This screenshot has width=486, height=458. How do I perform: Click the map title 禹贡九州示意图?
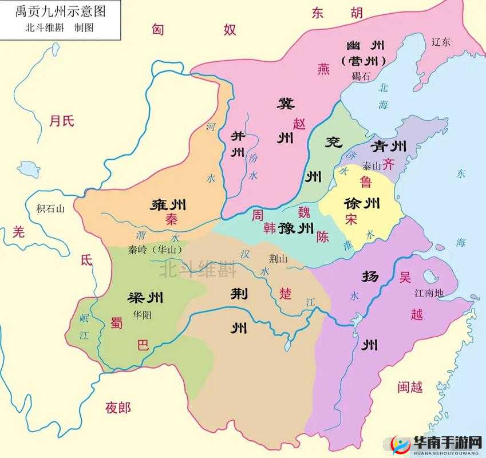click(60, 10)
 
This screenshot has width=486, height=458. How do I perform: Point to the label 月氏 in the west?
click(61, 121)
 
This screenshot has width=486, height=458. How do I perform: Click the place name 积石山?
click(50, 209)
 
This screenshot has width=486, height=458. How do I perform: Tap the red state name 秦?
click(171, 219)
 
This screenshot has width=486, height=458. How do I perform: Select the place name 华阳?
click(143, 314)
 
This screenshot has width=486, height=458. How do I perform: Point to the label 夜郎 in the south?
click(118, 408)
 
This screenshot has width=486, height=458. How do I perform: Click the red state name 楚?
click(285, 293)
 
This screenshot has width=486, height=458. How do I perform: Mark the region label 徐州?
click(362, 203)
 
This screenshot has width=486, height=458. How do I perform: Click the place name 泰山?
click(372, 166)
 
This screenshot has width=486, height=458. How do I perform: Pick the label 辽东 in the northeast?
click(441, 42)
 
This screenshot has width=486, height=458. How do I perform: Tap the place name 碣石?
click(361, 76)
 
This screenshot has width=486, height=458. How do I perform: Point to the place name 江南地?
click(429, 293)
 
